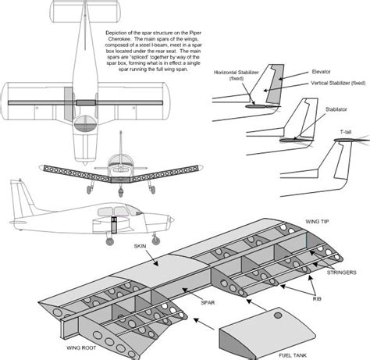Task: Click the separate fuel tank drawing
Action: coord(258,331)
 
